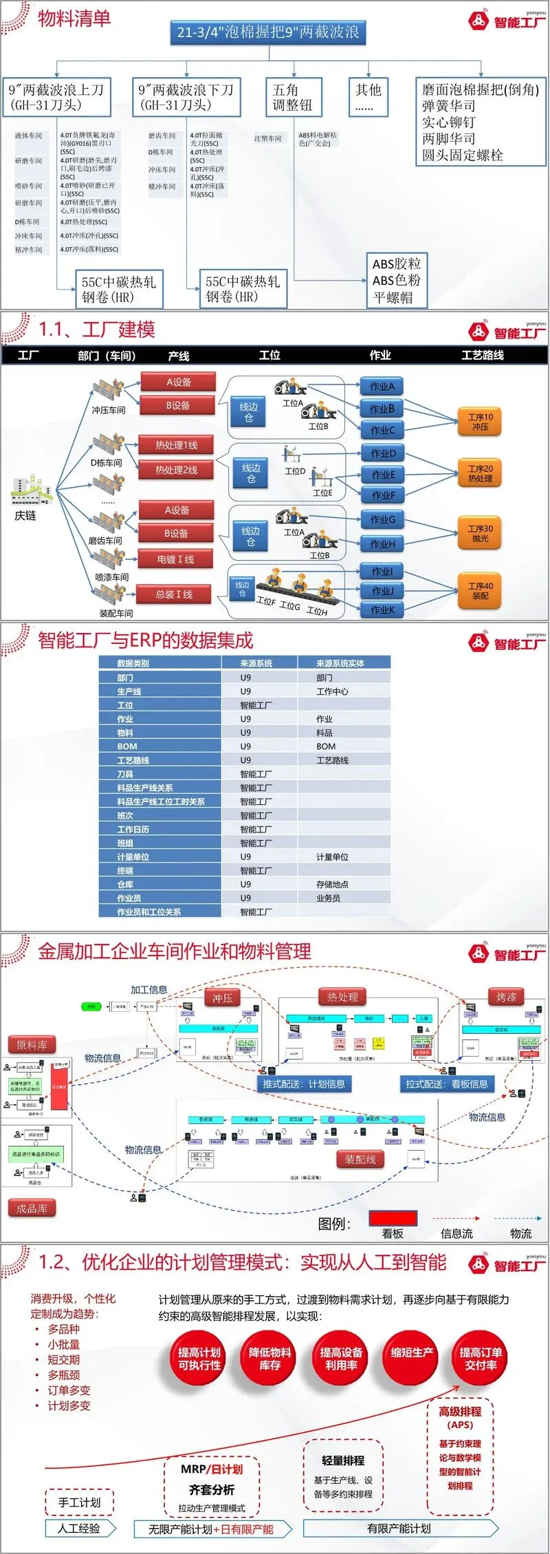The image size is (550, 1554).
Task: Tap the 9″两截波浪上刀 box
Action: tap(56, 97)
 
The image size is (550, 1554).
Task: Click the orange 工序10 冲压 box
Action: tap(480, 422)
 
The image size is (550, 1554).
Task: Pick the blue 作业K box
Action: tap(382, 609)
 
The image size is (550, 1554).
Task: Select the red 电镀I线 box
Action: tap(175, 559)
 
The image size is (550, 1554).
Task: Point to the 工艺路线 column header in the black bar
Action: tap(482, 355)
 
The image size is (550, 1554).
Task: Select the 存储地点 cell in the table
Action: tap(332, 884)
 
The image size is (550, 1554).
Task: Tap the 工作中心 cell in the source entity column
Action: tap(332, 691)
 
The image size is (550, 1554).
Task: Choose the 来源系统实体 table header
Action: tap(340, 663)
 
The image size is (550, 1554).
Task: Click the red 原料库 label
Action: tap(32, 1045)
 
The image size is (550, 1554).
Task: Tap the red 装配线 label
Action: tap(360, 1159)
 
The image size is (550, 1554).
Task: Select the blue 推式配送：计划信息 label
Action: tap(303, 1083)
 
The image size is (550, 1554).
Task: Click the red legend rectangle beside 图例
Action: tap(393, 1218)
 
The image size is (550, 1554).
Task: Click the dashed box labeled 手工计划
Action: tap(79, 1502)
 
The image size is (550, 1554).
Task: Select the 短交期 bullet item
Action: tap(63, 1360)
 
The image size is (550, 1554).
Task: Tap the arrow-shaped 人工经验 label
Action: tap(80, 1529)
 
